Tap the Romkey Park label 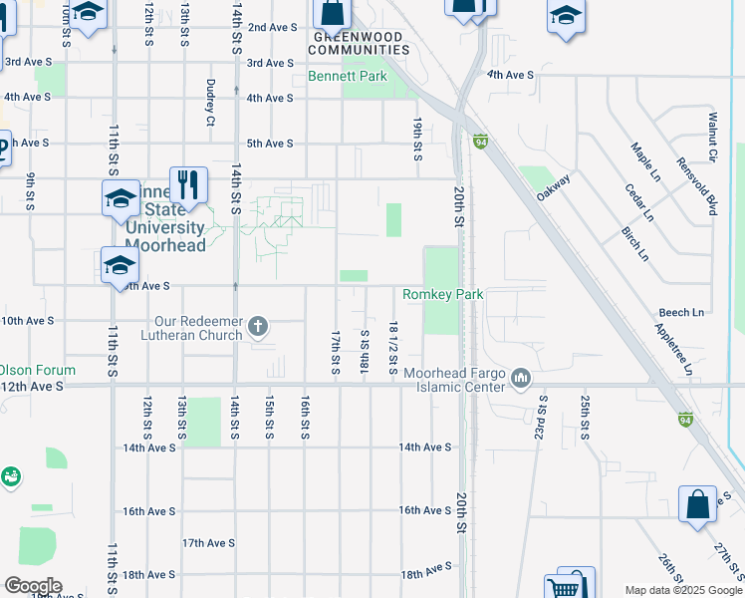(442, 294)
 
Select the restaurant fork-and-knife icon (187, 183)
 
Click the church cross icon (258, 326)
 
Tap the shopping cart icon (563, 588)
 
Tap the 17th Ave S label (207, 543)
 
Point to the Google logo (32, 586)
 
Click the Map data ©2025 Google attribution (683, 590)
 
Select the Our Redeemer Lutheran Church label (197, 328)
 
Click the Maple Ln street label (640, 159)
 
